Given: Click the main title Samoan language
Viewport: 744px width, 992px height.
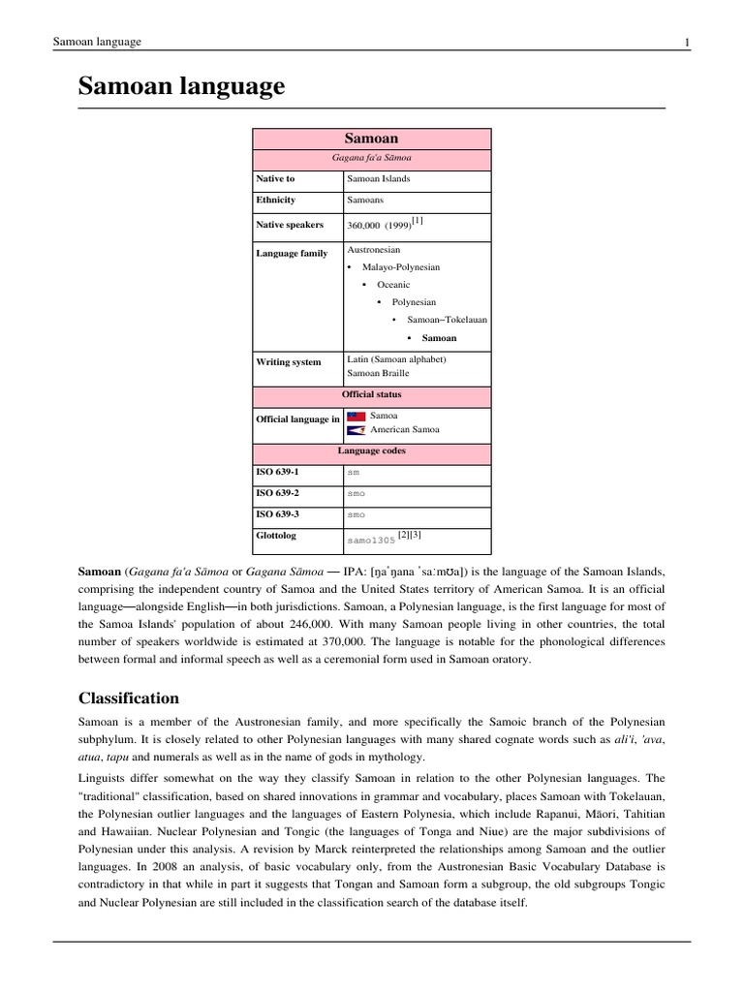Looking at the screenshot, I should point(181,87).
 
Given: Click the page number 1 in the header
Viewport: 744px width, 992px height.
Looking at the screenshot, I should point(686,42).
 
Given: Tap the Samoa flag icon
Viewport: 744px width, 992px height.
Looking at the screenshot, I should point(356,417).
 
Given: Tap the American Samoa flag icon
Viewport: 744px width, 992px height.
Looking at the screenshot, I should point(356,430).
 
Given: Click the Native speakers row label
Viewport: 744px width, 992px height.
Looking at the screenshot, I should point(290,225).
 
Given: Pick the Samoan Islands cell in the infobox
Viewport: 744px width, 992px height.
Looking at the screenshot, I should point(379,179).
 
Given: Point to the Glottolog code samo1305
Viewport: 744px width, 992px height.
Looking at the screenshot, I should point(371,540).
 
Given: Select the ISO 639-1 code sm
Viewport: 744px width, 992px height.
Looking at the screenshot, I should point(353,473).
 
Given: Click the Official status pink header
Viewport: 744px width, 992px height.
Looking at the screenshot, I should point(371,395).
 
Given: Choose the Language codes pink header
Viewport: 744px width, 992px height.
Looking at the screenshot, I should point(371,451).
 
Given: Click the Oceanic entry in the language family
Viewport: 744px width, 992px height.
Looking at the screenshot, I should point(393,285).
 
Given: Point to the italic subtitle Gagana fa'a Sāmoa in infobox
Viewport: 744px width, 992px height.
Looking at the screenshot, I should point(371,158).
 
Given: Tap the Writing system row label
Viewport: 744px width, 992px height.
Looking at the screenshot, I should point(289,362).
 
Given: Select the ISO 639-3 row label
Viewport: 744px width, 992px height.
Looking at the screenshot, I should point(277,513).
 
